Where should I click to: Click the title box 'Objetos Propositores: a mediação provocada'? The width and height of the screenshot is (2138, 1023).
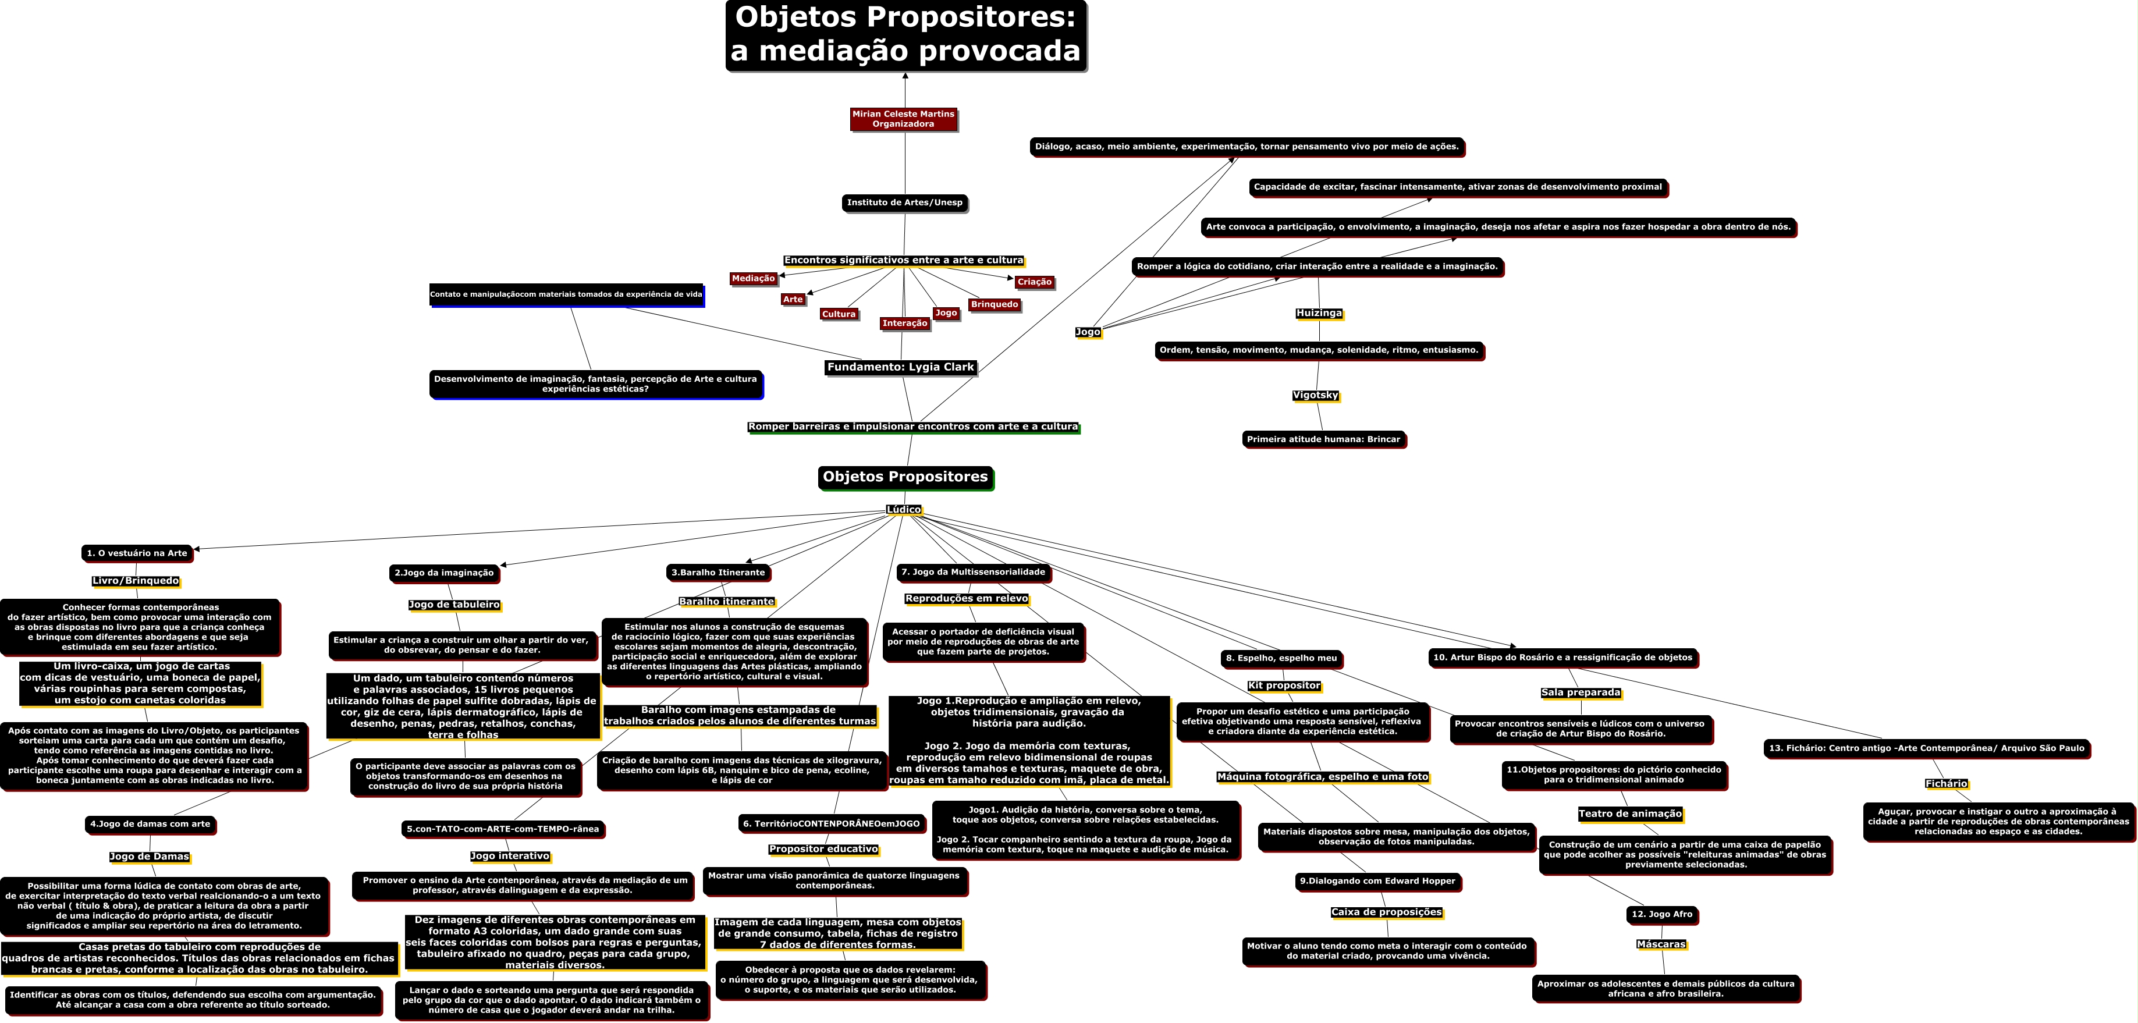tap(905, 35)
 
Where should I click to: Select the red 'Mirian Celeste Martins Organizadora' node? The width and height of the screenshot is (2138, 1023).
tap(903, 119)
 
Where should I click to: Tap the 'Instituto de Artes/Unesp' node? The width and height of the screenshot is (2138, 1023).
tap(905, 203)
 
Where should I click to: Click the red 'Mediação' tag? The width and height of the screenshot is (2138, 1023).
tap(754, 279)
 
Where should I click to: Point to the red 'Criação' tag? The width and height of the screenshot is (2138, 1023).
tap(1034, 282)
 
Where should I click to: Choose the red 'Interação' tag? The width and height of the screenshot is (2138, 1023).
tap(905, 324)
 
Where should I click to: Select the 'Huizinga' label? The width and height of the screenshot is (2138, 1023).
tap(1319, 314)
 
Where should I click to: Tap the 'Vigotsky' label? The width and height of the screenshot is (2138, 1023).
tap(1316, 396)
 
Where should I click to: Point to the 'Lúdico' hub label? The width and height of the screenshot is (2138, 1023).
tap(903, 509)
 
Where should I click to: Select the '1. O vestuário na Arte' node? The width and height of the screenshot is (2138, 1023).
tap(137, 553)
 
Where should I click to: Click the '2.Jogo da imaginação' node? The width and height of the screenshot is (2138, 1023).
tap(444, 573)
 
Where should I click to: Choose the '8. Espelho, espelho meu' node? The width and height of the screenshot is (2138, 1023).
tap(1281, 659)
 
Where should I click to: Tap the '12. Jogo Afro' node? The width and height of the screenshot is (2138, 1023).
tap(1661, 914)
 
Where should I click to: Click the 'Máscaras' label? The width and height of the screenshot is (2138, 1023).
tap(1661, 944)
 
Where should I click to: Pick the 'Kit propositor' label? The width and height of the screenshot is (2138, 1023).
tap(1284, 686)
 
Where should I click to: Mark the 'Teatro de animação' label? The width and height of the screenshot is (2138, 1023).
tap(1630, 814)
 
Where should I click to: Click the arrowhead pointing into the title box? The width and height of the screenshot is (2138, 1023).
tap(905, 76)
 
